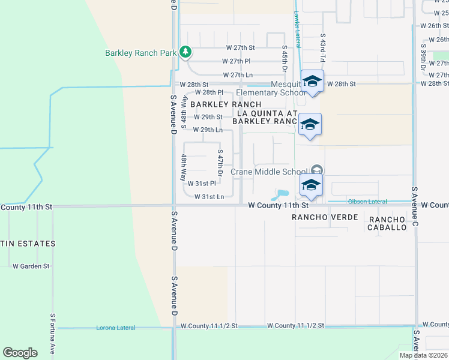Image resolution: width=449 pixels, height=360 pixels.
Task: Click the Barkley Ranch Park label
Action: pos(140,53)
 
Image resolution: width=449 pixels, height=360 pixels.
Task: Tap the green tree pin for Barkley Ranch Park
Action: pos(185,52)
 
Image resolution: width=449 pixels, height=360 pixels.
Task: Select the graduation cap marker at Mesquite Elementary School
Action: pos(312,81)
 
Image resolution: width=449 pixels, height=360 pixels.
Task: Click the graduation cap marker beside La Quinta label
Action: pos(310,125)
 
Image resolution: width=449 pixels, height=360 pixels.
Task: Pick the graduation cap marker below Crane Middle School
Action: pos(312,185)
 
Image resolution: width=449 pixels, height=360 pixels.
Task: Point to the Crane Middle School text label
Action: pos(277,172)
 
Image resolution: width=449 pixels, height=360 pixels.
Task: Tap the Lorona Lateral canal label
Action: pos(116,328)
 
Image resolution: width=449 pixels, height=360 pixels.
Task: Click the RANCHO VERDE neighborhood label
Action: pos(325,217)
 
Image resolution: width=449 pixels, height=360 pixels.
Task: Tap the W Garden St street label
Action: pos(31,266)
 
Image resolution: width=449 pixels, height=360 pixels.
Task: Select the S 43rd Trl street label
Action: pos(323,48)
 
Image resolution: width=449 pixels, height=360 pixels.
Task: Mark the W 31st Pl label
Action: pos(202,184)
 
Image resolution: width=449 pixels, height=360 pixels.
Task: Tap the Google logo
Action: pos(20,353)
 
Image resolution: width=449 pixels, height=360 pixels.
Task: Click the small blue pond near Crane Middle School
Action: pos(279,194)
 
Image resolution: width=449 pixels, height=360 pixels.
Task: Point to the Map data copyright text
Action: pos(423,355)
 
